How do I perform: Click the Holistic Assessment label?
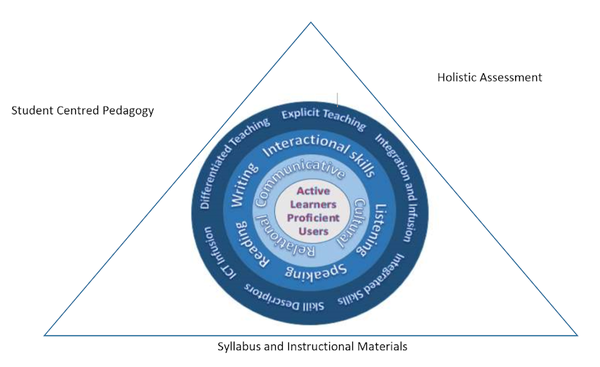click(489, 77)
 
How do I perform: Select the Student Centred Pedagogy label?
click(83, 111)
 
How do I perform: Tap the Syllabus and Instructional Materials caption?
click(312, 347)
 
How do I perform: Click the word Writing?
click(244, 184)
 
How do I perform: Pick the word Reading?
click(251, 244)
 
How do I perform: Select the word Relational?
click(284, 238)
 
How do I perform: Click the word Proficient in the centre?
click(313, 218)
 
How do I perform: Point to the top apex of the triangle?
click(311, 22)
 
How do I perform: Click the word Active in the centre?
click(313, 191)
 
